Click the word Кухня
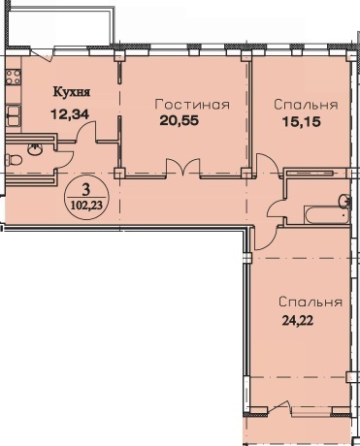pos(72,93)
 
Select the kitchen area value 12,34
pos(70,114)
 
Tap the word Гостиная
pos(192,105)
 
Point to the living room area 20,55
pos(179,121)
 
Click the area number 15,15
pos(302,121)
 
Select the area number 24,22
pos(298,321)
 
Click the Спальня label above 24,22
pos(311,302)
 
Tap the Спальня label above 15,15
pos(306,105)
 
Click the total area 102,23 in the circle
pos(85,205)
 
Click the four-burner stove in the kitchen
pos(14,77)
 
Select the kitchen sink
pos(14,115)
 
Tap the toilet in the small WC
pos(14,160)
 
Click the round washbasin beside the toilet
pos(34,149)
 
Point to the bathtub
pos(326,215)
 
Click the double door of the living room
pos(183,168)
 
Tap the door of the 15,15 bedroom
pos(268,165)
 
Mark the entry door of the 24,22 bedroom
pos(265,239)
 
